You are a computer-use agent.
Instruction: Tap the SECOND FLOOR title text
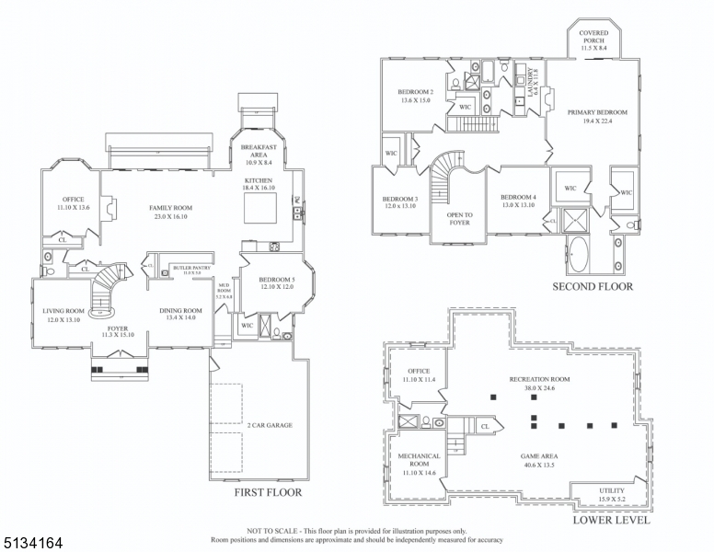pyautogui.click(x=593, y=286)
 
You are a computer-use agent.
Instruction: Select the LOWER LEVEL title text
pyautogui.click(x=611, y=520)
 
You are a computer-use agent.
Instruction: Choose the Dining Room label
pyautogui.click(x=180, y=315)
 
